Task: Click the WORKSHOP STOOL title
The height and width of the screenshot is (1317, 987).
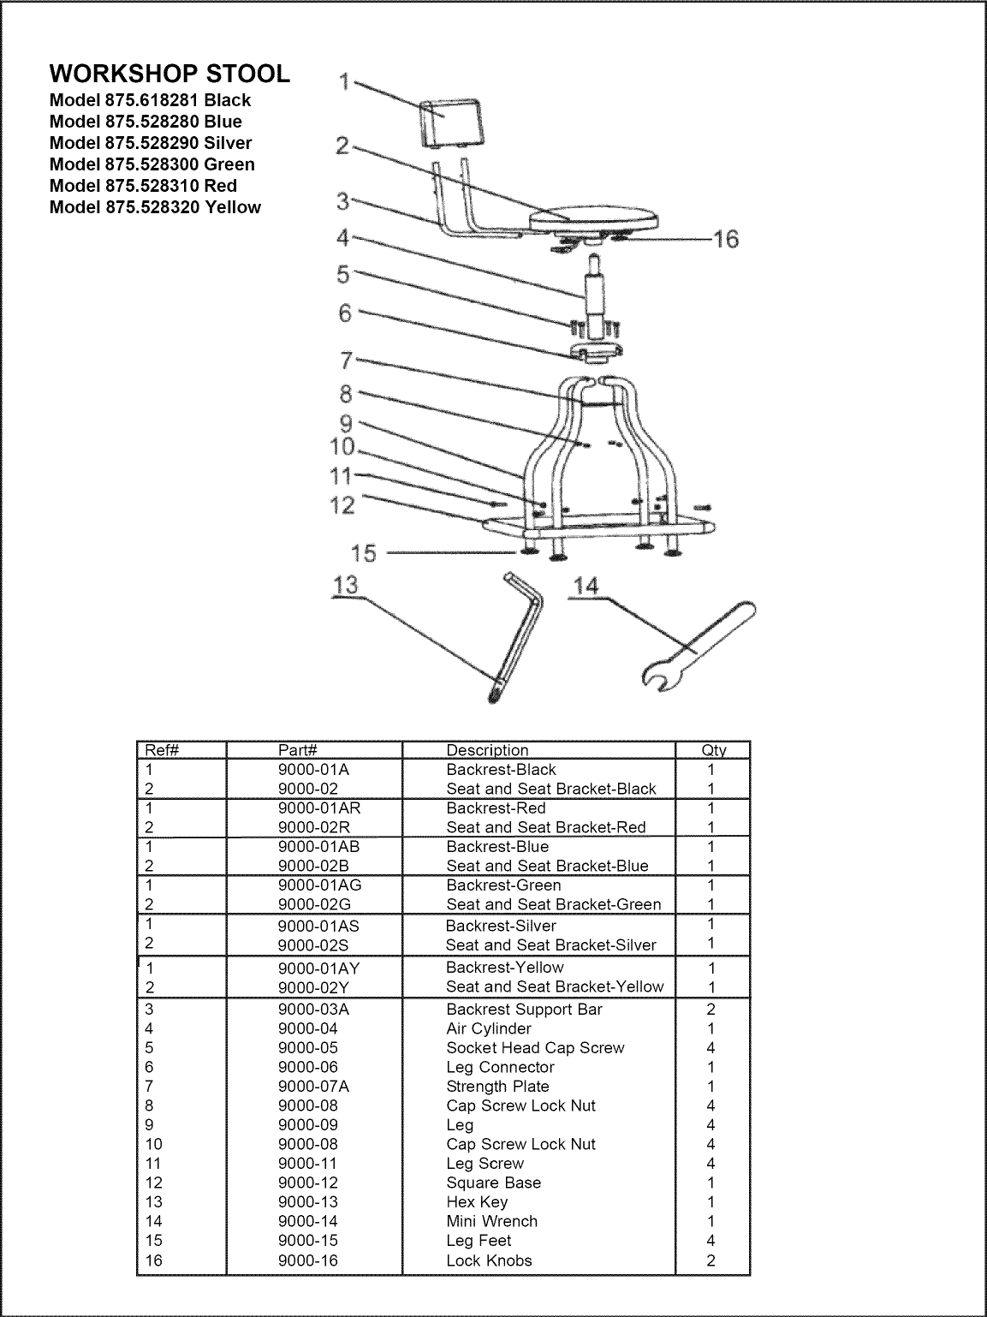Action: point(169,74)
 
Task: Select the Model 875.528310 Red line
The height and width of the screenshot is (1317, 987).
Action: point(143,186)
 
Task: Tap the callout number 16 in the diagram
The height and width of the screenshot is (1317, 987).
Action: point(725,239)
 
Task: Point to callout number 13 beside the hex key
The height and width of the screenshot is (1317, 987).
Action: point(347,585)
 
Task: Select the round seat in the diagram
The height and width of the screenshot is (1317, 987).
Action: point(595,218)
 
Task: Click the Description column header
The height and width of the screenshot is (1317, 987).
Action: point(487,751)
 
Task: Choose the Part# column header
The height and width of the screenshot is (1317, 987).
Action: point(299,751)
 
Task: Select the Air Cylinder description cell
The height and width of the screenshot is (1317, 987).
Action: point(489,1028)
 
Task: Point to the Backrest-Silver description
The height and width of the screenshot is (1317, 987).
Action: point(501,926)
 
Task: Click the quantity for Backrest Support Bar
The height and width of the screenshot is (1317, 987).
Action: point(711,1010)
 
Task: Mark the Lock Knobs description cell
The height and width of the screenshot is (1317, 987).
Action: point(489,1260)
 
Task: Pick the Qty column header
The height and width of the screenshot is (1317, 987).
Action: point(713,751)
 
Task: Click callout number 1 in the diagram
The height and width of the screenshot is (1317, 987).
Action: point(344,82)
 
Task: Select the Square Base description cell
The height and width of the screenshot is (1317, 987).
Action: point(493,1183)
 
